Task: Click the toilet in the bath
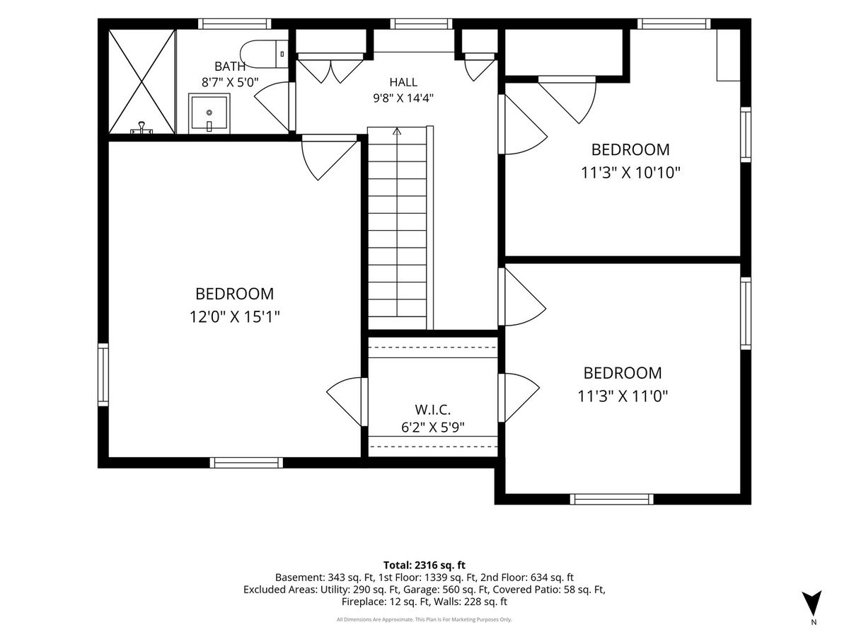[264, 54]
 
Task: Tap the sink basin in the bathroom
[209, 113]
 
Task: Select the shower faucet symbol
[142, 127]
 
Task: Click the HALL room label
[403, 82]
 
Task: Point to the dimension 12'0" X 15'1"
[234, 317]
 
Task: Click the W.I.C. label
[432, 410]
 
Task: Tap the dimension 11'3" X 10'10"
[630, 173]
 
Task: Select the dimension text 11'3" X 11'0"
[623, 396]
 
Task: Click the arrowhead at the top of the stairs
[397, 132]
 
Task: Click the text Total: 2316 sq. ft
[424, 565]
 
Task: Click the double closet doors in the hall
[330, 69]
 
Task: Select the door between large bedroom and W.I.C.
[347, 402]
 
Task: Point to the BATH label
[230, 67]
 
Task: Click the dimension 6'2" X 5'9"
[432, 427]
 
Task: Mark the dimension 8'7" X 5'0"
[230, 82]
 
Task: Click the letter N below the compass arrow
[814, 622]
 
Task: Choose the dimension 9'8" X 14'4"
[403, 98]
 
